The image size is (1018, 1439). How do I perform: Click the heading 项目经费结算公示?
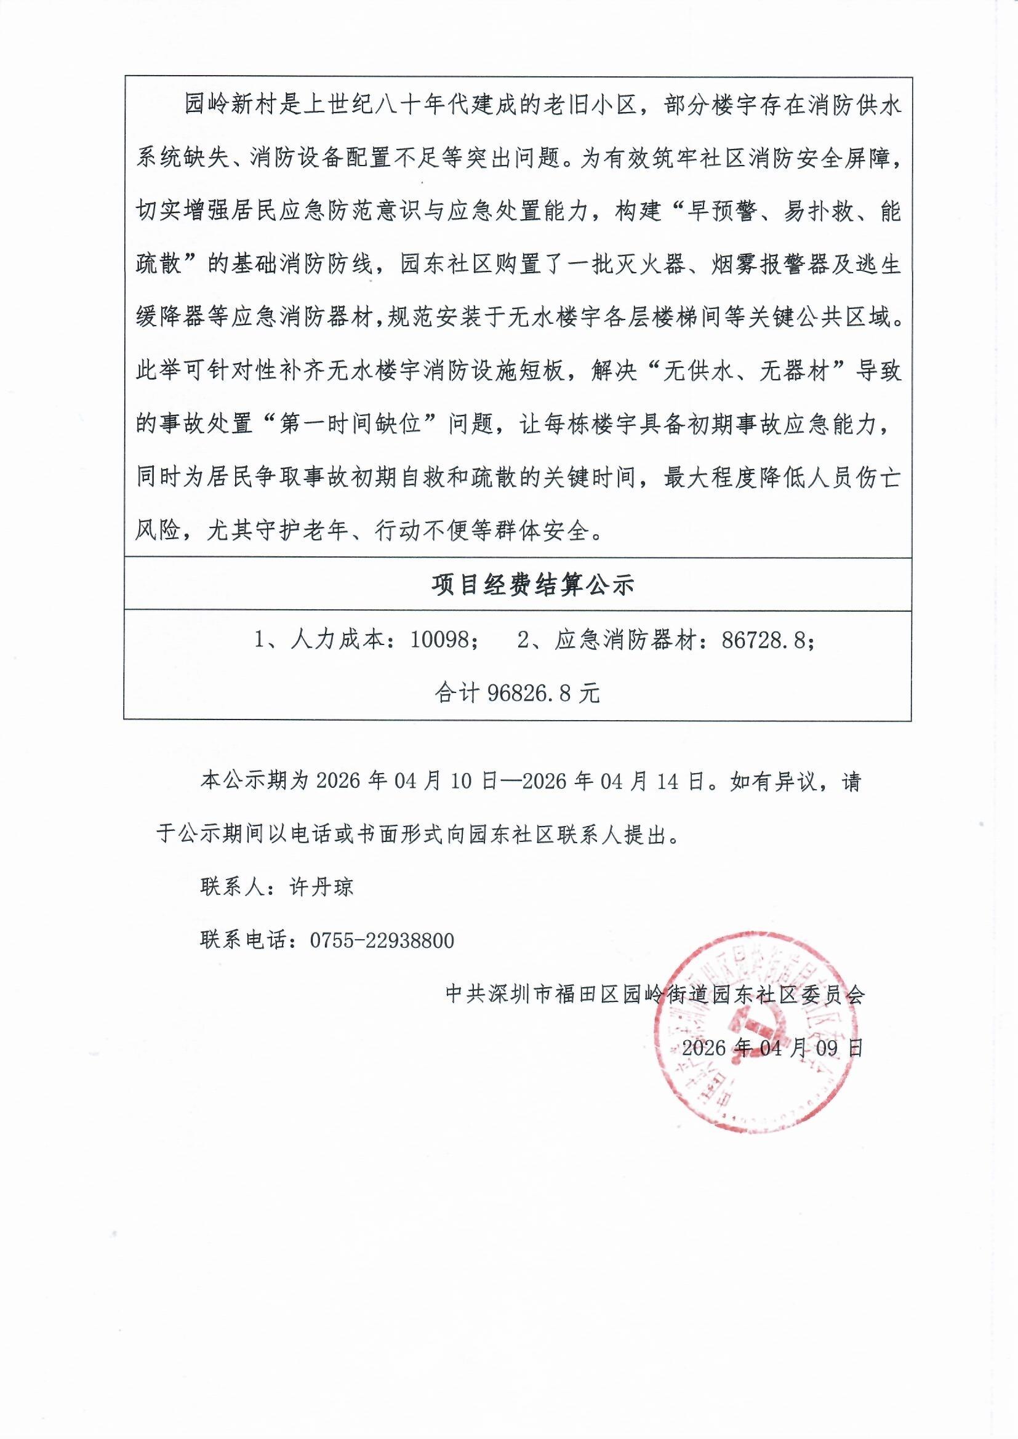point(534,585)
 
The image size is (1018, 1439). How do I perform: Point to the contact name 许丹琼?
point(321,887)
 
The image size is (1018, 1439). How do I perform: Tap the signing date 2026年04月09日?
point(772,1048)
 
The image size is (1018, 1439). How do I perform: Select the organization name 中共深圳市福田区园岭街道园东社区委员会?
point(654,994)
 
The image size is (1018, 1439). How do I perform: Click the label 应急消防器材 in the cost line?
point(631,640)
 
